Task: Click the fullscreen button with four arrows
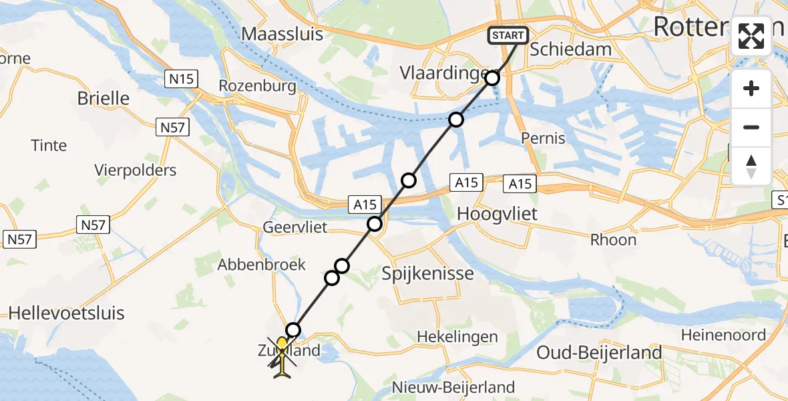pos(751,36)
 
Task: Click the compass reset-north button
pos(751,166)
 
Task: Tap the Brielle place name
pos(104,98)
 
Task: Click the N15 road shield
pos(181,80)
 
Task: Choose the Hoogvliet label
pos(498,214)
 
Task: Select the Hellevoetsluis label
pos(67,313)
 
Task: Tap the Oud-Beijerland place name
pos(600,353)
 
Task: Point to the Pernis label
pos(542,139)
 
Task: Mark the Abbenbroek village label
pos(261,265)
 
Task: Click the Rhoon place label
pos(614,239)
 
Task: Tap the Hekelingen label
pos(457,337)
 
